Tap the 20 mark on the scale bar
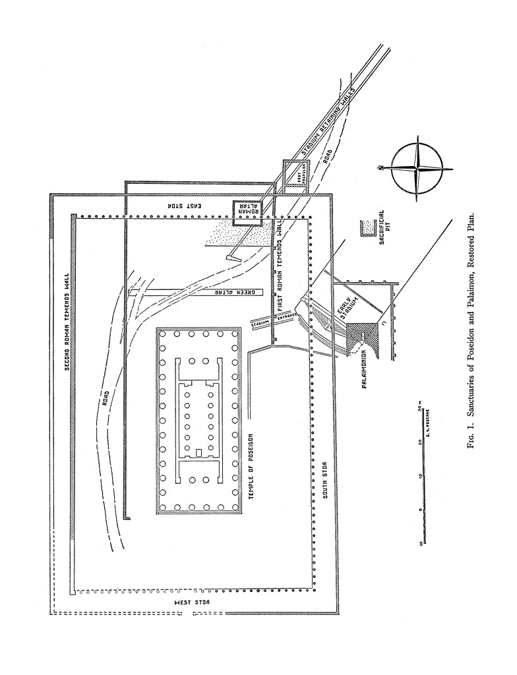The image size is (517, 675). [x=418, y=442]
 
